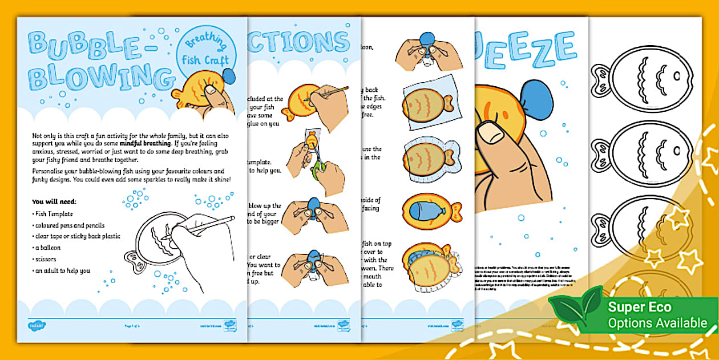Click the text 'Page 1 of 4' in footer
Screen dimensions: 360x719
coord(132,325)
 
